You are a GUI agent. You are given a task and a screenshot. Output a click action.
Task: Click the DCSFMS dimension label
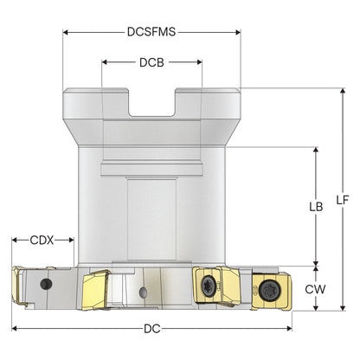[151, 32]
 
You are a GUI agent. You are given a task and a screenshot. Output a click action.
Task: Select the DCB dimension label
[151, 62]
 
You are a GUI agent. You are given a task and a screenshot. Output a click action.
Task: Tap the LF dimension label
[343, 200]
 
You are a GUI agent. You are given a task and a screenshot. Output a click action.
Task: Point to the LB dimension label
[316, 207]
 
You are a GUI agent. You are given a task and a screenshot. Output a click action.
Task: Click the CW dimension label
[315, 289]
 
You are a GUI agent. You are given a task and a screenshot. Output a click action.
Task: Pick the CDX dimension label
[42, 240]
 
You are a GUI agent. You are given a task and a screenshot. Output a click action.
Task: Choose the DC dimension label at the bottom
[152, 329]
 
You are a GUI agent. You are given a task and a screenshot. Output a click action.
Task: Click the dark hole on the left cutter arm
[46, 284]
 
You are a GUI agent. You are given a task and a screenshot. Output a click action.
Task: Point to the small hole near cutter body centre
[143, 292]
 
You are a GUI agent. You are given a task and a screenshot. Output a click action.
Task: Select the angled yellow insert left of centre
[96, 289]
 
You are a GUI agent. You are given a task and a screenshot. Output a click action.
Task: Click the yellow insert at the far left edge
[18, 285]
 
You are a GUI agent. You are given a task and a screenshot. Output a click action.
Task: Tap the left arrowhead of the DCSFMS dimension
[66, 32]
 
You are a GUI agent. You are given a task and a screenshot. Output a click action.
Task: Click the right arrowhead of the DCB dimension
[199, 62]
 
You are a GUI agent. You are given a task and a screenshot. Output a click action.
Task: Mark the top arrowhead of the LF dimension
[343, 91]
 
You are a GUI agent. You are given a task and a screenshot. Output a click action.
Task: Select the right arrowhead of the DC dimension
[289, 328]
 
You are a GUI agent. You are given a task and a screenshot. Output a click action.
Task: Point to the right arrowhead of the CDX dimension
[71, 240]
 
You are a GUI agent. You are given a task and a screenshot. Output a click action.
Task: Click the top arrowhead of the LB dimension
[316, 150]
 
